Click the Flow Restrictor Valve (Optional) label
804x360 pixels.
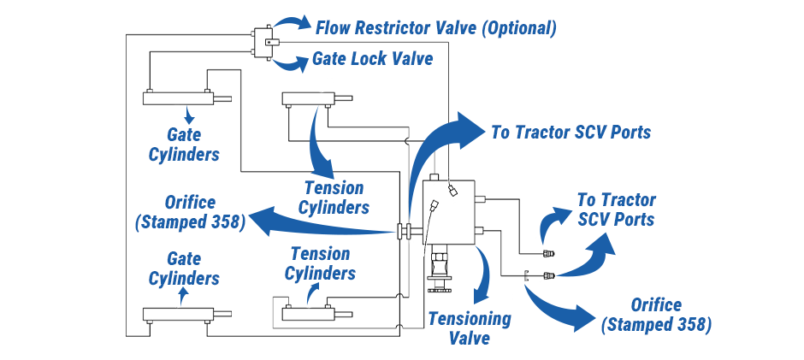click(x=436, y=27)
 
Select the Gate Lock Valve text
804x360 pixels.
click(x=372, y=59)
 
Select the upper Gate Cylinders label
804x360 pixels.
click(x=184, y=145)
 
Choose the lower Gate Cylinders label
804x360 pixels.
click(x=184, y=268)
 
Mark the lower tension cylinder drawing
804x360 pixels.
click(x=309, y=314)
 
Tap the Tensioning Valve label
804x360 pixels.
click(x=470, y=328)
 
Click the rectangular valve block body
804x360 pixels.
click(x=451, y=211)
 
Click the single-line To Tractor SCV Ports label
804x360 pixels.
click(x=570, y=133)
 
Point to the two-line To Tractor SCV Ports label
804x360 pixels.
click(x=616, y=210)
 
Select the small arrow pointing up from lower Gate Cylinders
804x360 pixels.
click(x=182, y=292)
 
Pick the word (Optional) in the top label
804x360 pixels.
click(x=519, y=27)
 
